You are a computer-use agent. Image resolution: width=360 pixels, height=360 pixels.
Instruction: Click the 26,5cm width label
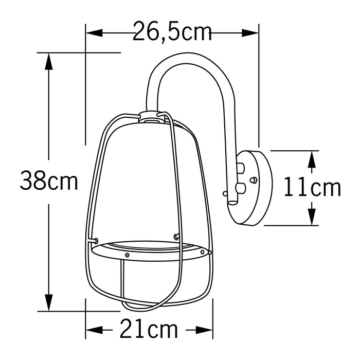click(172, 32)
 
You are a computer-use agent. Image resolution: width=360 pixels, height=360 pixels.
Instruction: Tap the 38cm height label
click(49, 181)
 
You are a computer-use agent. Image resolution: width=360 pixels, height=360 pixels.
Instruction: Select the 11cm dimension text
click(313, 188)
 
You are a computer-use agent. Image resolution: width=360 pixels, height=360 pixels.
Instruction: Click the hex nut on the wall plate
click(253, 180)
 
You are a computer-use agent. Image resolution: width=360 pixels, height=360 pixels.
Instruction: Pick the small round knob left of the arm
click(225, 193)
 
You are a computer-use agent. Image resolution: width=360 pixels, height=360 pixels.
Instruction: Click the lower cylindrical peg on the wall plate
click(240, 187)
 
